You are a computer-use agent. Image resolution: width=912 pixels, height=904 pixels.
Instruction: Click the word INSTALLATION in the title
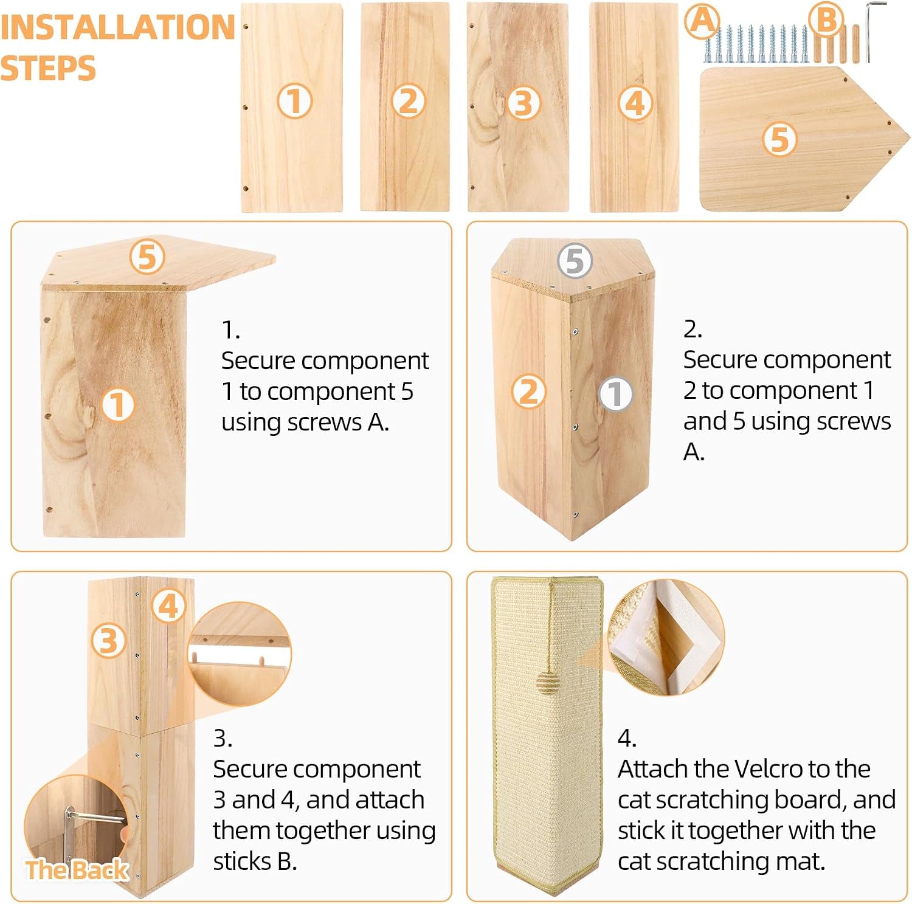pyautogui.click(x=117, y=27)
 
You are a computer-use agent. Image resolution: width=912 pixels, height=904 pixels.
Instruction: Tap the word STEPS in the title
pyautogui.click(x=48, y=67)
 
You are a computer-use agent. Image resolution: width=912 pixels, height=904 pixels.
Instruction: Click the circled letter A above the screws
pyautogui.click(x=702, y=21)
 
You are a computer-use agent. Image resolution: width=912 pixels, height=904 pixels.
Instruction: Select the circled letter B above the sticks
pyautogui.click(x=827, y=19)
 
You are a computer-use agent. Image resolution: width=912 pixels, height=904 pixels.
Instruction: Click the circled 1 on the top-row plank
pyautogui.click(x=295, y=101)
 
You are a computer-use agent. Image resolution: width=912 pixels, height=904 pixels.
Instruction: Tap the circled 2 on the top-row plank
pyautogui.click(x=408, y=101)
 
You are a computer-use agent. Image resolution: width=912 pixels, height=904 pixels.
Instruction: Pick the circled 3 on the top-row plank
pyautogui.click(x=523, y=103)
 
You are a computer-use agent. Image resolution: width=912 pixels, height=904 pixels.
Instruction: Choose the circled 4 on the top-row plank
pyautogui.click(x=635, y=103)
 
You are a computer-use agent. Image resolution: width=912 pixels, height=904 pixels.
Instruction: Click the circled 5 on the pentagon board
pyautogui.click(x=780, y=139)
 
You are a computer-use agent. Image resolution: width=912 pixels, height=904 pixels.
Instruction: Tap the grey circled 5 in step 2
pyautogui.click(x=575, y=261)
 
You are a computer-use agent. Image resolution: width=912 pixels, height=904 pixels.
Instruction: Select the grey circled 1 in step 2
pyautogui.click(x=615, y=393)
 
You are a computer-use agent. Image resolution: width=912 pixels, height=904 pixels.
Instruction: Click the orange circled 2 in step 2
pyautogui.click(x=529, y=391)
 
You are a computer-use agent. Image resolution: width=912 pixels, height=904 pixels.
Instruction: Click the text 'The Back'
pyautogui.click(x=77, y=870)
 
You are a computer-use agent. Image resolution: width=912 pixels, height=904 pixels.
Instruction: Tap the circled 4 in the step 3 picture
pyautogui.click(x=168, y=606)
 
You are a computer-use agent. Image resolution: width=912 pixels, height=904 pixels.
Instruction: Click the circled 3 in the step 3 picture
pyautogui.click(x=109, y=640)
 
